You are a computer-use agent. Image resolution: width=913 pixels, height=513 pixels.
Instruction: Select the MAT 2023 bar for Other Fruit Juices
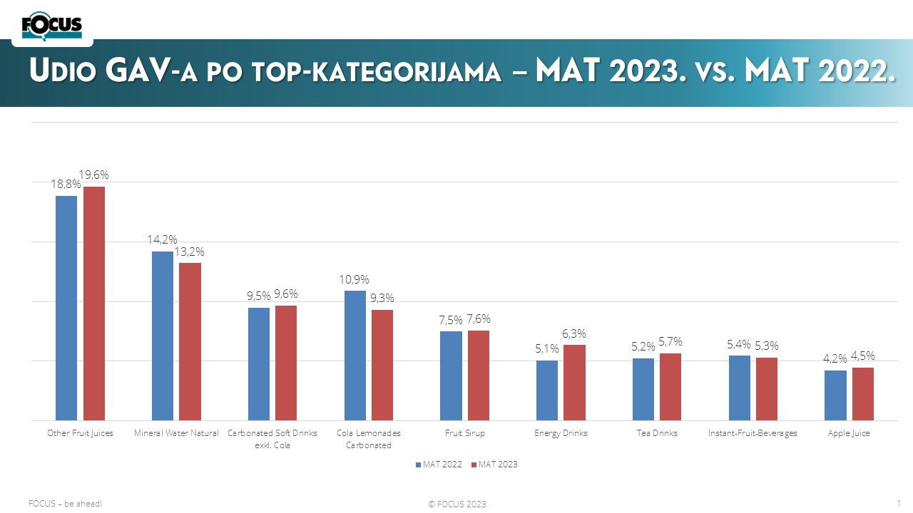94,303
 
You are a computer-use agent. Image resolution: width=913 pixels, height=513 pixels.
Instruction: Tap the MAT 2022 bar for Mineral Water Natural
163,336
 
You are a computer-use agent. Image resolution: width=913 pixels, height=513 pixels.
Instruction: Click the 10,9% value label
355,280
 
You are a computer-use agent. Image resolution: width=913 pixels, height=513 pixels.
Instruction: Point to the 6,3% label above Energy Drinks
574,333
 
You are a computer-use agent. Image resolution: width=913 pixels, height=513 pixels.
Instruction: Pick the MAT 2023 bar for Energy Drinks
574,383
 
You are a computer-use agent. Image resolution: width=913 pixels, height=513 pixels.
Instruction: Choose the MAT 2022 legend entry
438,465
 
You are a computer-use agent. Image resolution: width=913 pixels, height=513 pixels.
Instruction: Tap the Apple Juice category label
849,433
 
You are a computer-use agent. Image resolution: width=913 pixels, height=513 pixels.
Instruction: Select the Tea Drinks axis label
656,433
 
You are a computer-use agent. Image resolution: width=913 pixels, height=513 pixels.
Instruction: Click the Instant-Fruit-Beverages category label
753,433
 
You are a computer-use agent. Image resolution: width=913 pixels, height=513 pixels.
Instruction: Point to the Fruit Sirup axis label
464,433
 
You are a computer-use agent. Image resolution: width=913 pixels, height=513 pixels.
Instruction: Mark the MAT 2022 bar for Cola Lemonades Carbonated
355,355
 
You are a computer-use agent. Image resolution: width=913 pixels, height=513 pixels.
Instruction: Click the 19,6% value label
93,175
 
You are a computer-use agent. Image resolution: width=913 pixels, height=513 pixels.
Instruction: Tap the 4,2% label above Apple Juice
835,358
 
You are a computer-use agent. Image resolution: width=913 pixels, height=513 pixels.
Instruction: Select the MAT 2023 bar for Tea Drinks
670,387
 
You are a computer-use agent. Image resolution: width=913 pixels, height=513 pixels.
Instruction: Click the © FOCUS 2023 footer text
457,504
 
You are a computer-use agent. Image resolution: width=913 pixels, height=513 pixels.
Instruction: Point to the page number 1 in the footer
898,503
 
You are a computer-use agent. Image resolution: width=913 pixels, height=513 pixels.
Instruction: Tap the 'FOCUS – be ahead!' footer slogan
66,504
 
